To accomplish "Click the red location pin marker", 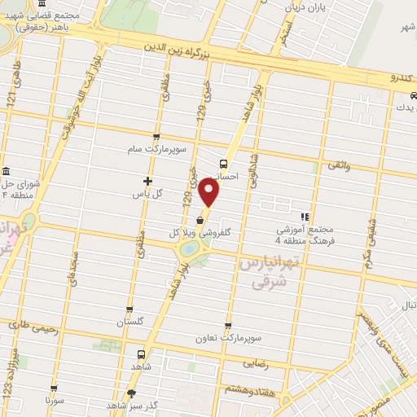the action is pos(210,193).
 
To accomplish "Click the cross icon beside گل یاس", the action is pos(147,181).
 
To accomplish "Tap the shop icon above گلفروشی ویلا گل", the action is pos(200,220).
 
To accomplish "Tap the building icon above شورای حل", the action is pos(7,172).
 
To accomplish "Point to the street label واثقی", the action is pos(338,165).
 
